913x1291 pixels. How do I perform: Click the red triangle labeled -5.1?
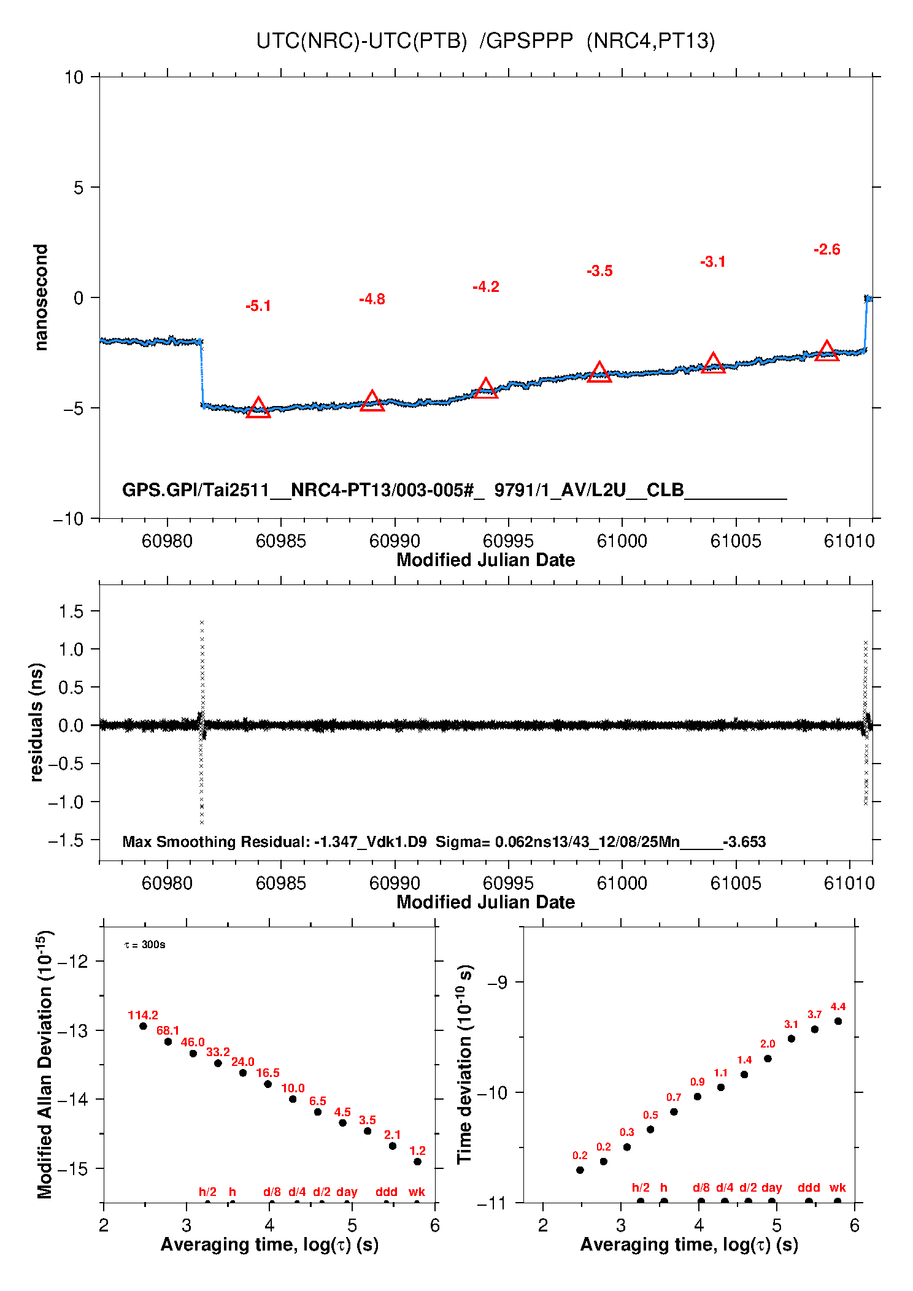[x=258, y=408]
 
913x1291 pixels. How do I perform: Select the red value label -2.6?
[x=826, y=250]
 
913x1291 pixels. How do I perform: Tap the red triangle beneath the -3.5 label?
[x=599, y=372]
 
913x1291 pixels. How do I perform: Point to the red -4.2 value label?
[x=486, y=287]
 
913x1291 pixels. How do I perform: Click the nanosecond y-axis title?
[x=41, y=297]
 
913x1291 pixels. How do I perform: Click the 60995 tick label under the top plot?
[x=508, y=541]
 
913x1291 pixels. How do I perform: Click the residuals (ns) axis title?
[x=37, y=722]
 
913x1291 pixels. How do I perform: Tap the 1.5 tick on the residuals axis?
[x=71, y=611]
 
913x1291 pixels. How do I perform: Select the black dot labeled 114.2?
[x=143, y=1026]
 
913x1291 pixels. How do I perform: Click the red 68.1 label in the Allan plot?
[x=168, y=1030]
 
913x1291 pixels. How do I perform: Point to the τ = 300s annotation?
[x=145, y=944]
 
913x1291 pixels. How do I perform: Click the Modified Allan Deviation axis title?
[x=45, y=1064]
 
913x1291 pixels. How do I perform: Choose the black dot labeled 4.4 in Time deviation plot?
[x=838, y=1021]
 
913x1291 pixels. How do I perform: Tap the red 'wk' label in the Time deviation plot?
[x=838, y=1187]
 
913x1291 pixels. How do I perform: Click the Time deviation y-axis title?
[x=464, y=1064]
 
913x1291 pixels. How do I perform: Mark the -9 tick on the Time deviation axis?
[x=497, y=983]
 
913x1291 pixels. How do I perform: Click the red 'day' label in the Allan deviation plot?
[x=347, y=1192]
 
